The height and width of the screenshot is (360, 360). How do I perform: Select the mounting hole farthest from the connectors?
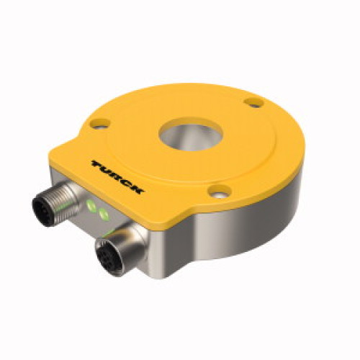click(253, 103)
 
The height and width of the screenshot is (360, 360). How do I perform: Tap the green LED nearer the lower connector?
click(103, 215)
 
